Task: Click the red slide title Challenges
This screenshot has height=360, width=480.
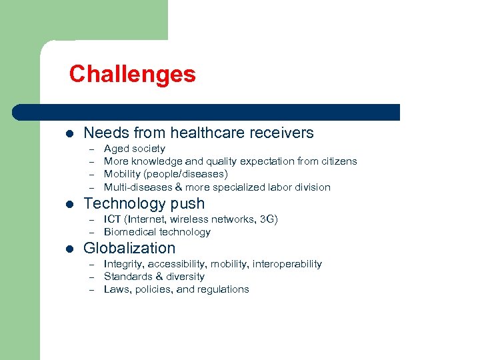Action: pos(132,73)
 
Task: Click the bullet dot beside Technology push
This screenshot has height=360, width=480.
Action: pos(69,204)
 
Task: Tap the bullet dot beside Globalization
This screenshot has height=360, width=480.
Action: pos(69,249)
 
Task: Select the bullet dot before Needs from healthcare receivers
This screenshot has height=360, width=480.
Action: pos(69,133)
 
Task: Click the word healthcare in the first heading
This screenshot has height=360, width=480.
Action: pos(211,133)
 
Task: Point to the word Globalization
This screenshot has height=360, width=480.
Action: pos(129,248)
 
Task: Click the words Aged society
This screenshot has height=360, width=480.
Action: pos(134,149)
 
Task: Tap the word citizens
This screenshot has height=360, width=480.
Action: pos(337,161)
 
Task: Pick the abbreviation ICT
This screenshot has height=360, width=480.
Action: pos(113,219)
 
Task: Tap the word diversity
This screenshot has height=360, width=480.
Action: pos(185,277)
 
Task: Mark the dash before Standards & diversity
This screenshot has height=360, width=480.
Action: pos(90,277)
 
